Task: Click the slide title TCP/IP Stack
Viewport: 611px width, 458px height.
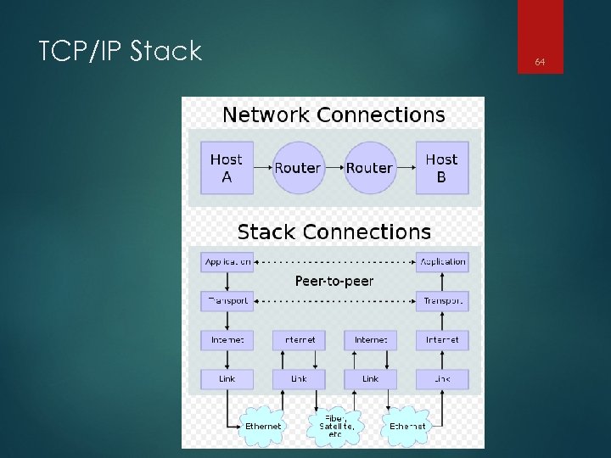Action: [120, 52]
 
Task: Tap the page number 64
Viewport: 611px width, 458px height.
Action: [540, 62]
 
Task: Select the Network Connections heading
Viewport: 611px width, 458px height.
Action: [333, 114]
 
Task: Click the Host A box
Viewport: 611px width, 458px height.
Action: [226, 168]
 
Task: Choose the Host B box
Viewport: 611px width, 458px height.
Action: [441, 168]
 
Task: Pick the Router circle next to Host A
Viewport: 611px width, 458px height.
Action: [298, 168]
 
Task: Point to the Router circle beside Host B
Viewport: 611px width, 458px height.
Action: [369, 168]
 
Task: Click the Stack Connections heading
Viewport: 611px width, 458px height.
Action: [334, 232]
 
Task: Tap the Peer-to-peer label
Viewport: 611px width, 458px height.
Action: [334, 281]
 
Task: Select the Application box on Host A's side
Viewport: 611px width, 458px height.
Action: [227, 262]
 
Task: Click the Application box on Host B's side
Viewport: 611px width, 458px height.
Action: [442, 262]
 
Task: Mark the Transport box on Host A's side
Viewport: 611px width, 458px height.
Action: [227, 300]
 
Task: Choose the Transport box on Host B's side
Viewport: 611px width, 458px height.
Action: [442, 300]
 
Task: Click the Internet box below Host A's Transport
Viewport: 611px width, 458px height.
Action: [227, 339]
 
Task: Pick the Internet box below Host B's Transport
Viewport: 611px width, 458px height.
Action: [442, 339]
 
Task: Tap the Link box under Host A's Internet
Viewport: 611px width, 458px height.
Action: [227, 378]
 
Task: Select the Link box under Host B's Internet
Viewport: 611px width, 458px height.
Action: [442, 378]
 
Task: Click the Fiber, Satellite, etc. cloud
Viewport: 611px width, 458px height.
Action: [334, 425]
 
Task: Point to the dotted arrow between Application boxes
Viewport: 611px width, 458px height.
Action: [334, 262]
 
